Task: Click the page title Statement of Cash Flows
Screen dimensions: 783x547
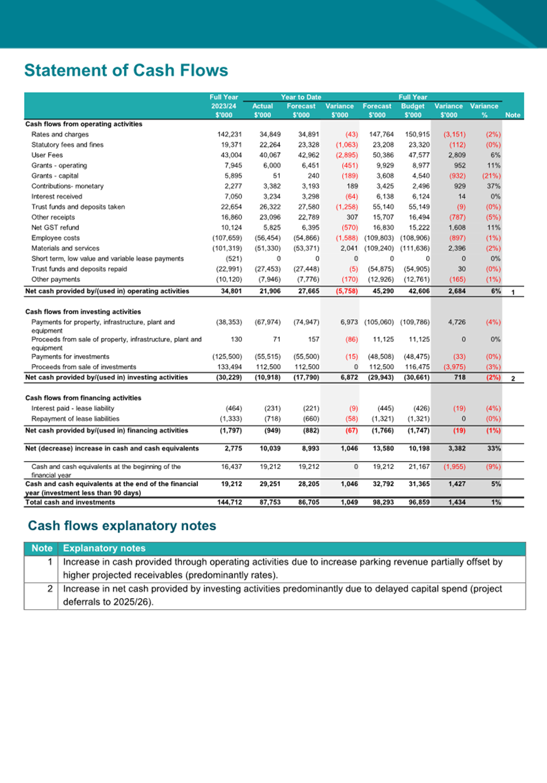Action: pos(126,70)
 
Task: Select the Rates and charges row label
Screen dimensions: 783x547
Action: pos(60,134)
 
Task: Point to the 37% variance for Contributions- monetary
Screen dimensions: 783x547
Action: pos(494,186)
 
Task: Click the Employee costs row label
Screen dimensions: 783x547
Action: pos(56,238)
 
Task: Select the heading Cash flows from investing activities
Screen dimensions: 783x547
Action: pos(83,312)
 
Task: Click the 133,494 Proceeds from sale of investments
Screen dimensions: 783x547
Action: pos(229,367)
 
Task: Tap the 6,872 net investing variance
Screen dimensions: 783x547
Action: pos(349,377)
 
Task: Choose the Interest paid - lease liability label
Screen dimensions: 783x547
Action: pos(73,408)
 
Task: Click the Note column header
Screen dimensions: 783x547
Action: pos(513,115)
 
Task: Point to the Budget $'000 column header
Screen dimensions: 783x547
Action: pos(413,110)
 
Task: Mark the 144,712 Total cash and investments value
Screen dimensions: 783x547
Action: pos(229,502)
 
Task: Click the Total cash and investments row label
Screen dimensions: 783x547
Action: pos(70,502)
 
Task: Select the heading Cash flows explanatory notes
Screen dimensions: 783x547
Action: pos(122,526)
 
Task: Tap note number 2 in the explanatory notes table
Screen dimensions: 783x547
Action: pos(50,589)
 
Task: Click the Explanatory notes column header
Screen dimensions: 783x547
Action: pos(104,549)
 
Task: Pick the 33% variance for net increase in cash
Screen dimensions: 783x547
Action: pos(494,448)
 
